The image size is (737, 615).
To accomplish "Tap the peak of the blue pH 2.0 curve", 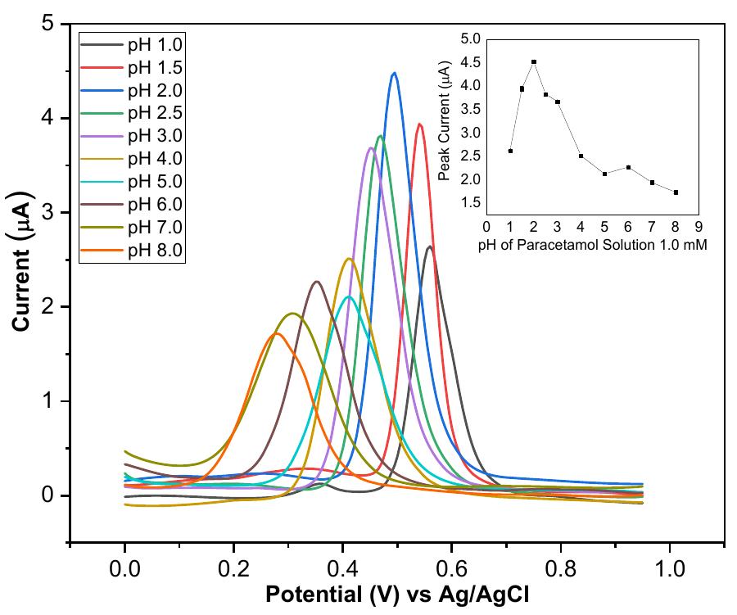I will (x=395, y=73).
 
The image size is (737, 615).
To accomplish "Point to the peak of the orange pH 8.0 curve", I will (x=277, y=333).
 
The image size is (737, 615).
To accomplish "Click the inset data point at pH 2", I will (x=534, y=62).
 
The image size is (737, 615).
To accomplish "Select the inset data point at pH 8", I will (x=676, y=192).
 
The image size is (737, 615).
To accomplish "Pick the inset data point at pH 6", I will (x=628, y=167).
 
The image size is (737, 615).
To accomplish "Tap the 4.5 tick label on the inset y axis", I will (x=469, y=62).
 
